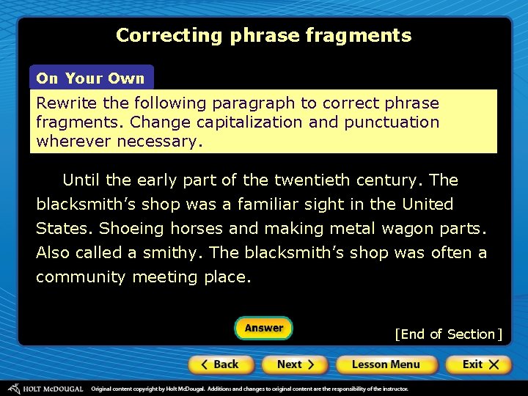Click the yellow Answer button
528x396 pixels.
[x=263, y=328]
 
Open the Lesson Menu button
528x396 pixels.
[x=386, y=364]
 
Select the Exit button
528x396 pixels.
[x=478, y=364]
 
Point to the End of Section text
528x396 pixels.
[x=448, y=334]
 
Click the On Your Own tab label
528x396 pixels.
[x=91, y=78]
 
